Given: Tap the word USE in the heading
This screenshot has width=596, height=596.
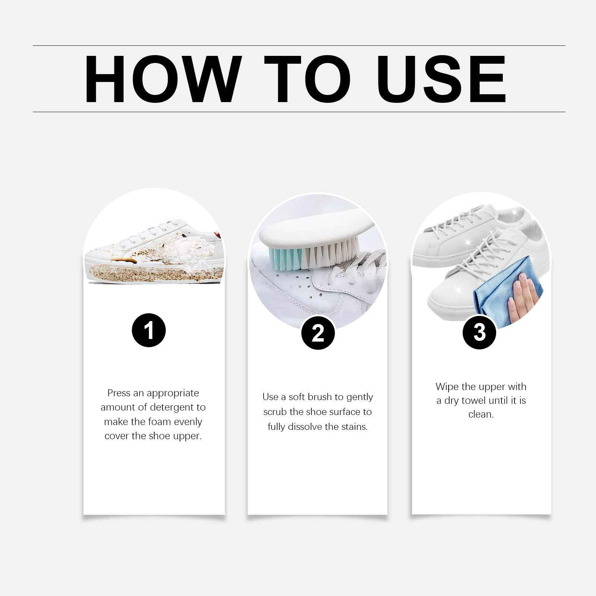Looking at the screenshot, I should click(x=442, y=79).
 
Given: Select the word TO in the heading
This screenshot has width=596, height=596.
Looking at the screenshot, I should click(x=307, y=79).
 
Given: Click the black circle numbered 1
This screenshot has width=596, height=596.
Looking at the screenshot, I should click(x=149, y=330).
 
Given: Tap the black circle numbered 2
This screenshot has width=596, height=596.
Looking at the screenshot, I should click(x=318, y=333).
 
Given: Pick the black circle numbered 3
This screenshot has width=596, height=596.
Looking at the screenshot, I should click(x=479, y=332).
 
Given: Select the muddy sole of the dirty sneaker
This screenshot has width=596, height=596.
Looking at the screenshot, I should click(x=153, y=274).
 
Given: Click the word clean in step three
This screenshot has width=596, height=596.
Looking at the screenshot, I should click(x=480, y=414).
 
